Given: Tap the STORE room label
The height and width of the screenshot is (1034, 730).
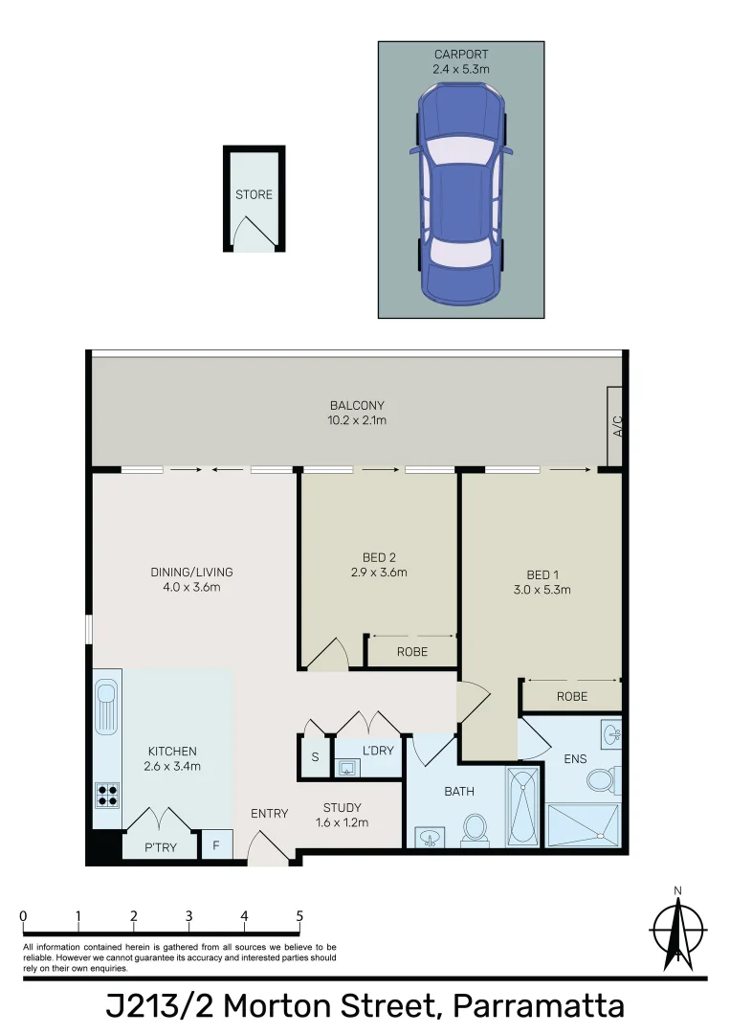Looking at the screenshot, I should point(254,194).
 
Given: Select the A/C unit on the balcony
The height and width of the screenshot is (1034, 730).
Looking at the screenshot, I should point(615,424).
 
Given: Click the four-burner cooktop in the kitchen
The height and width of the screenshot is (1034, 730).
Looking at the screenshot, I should point(107,795).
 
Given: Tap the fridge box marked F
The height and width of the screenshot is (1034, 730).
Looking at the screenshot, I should point(216,846).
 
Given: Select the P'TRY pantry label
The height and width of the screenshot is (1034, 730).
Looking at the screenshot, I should point(160,847).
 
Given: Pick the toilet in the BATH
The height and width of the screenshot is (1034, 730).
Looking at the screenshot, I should point(476,829).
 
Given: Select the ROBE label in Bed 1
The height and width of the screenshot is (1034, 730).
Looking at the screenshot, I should point(571,696).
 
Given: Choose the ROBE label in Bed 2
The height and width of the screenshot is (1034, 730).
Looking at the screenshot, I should point(411,651).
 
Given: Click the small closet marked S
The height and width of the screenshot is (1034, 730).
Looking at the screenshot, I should point(314,756).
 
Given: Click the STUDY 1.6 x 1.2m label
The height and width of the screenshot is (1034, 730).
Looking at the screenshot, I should point(342,815).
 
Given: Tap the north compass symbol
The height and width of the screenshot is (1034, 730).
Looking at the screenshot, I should point(677,929).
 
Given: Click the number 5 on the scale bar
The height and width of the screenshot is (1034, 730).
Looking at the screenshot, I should point(299,916).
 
